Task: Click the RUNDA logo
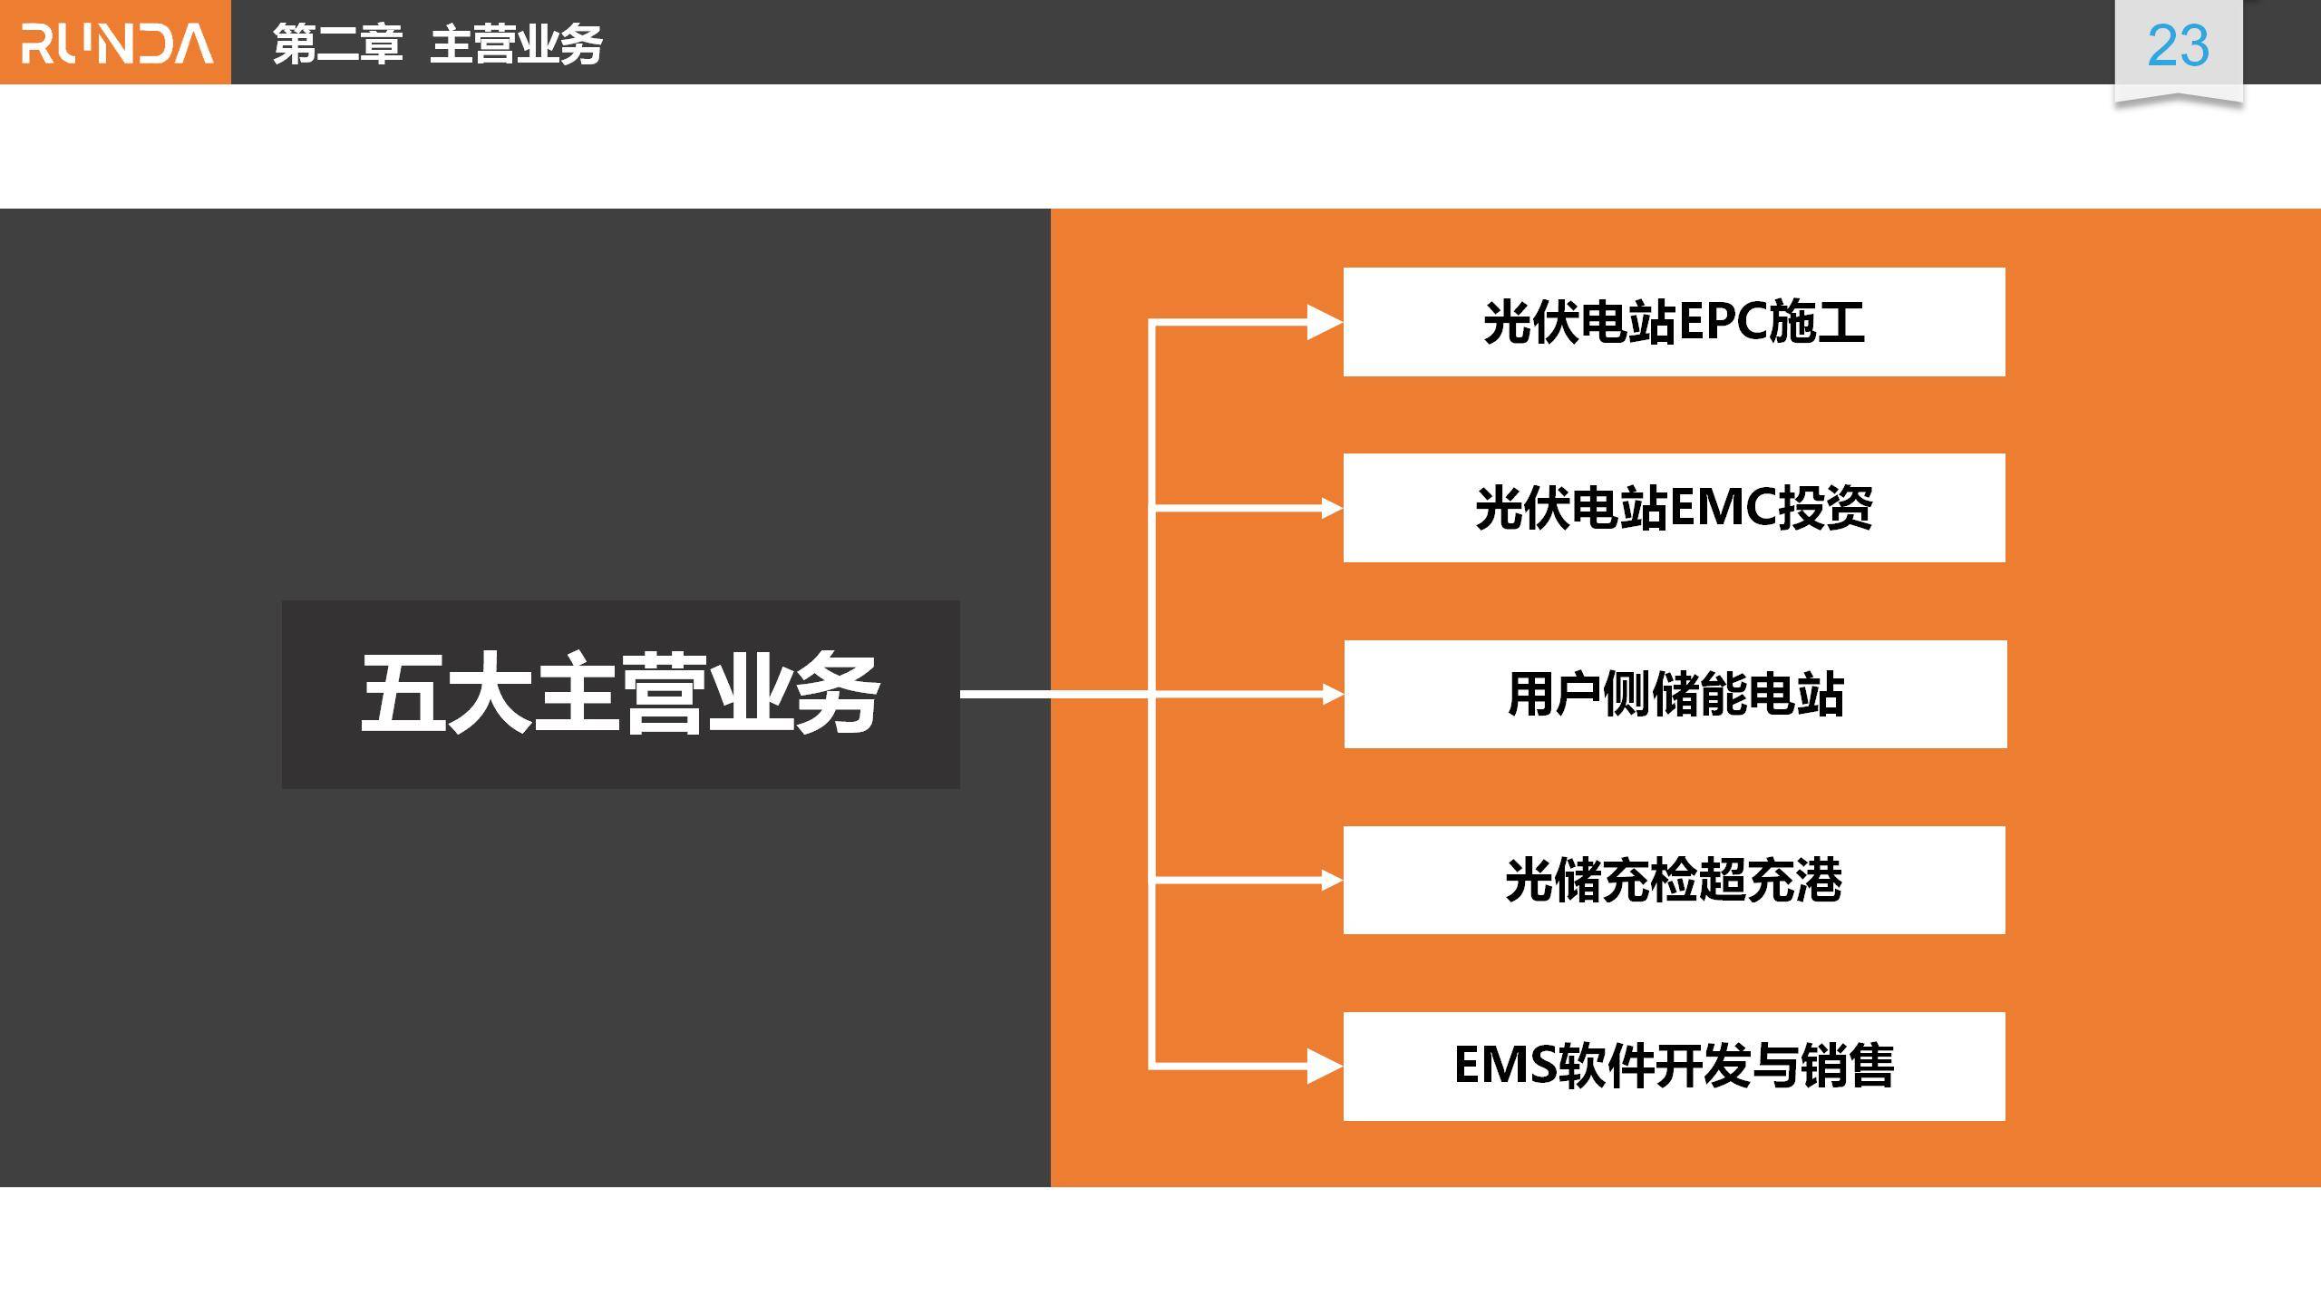tap(116, 44)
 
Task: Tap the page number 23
tap(2178, 45)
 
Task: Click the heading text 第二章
tap(337, 44)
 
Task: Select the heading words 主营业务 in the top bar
tap(516, 44)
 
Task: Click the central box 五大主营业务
tap(620, 694)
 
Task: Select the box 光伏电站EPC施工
tap(1674, 322)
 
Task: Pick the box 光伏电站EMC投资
tap(1674, 508)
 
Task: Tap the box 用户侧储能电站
tap(1675, 695)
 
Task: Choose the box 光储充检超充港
tap(1674, 880)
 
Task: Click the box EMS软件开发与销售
tap(1674, 1066)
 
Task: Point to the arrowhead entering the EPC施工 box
tap(1324, 322)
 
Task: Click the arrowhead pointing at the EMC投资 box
tap(1331, 508)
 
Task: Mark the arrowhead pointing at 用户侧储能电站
tap(1332, 695)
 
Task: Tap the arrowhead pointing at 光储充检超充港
tap(1331, 880)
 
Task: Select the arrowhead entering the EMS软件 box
tap(1324, 1066)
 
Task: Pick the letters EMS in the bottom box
tap(1505, 1066)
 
